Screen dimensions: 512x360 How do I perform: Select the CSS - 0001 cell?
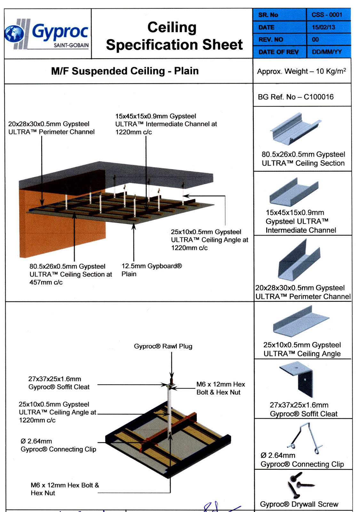(x=327, y=15)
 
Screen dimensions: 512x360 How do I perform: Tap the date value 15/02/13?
(x=323, y=27)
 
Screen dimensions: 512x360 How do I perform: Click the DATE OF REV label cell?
(x=278, y=52)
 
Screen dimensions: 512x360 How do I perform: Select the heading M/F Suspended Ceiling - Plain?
(x=125, y=71)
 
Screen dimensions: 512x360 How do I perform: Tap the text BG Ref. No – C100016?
(x=295, y=97)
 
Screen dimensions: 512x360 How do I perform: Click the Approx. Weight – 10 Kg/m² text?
(x=301, y=71)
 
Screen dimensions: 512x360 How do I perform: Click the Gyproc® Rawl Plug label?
(x=163, y=346)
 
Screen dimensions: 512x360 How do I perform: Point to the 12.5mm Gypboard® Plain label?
(x=151, y=270)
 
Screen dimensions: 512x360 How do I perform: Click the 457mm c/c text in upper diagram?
(x=46, y=282)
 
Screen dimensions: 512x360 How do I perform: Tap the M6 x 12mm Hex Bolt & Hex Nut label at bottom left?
(x=65, y=489)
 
